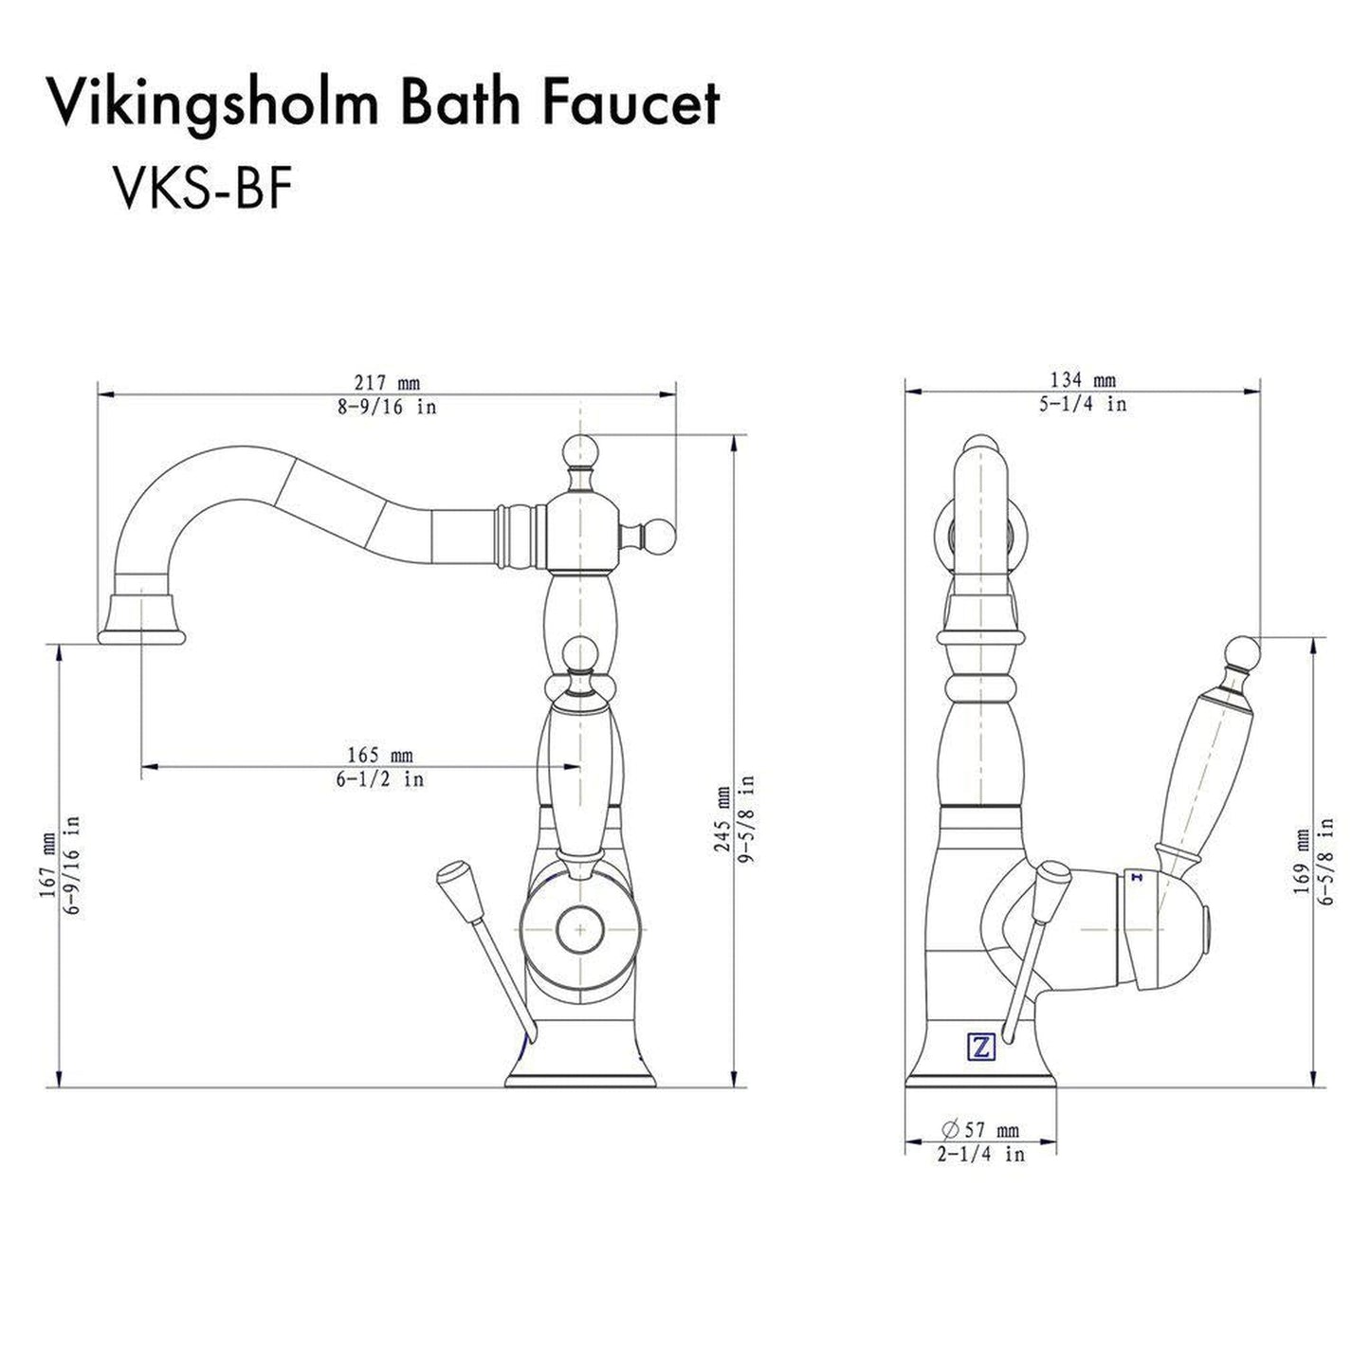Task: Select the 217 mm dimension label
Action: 386,383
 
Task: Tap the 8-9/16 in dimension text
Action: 386,408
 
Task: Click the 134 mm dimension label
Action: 1084,380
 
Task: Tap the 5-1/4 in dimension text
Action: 1084,404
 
